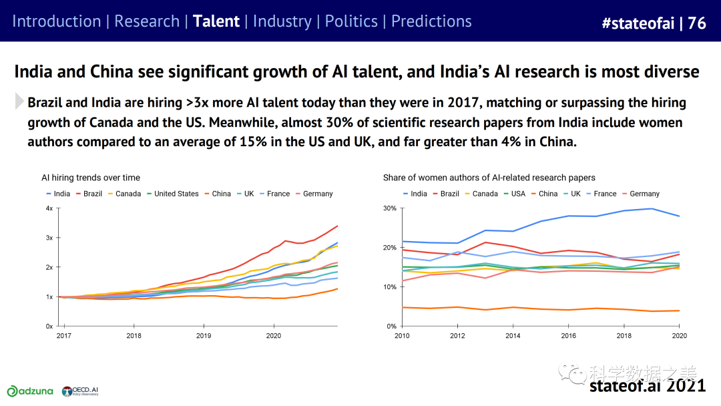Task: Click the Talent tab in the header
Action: (x=216, y=21)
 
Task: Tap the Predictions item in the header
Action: (x=431, y=21)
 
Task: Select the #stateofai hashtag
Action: (x=637, y=23)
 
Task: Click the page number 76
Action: (x=697, y=23)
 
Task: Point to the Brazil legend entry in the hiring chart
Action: (x=89, y=194)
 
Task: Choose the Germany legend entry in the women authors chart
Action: (x=639, y=194)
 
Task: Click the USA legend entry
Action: (x=513, y=194)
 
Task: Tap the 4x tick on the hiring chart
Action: (x=49, y=208)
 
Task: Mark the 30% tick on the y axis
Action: (x=389, y=208)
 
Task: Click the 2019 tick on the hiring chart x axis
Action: (x=203, y=335)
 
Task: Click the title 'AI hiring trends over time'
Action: (x=91, y=178)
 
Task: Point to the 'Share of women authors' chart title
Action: (x=489, y=178)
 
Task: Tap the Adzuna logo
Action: (x=31, y=391)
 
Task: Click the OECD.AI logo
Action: (x=80, y=391)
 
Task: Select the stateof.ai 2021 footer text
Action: (x=647, y=386)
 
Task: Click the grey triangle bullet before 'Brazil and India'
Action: (x=19, y=102)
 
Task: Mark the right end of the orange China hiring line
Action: (x=338, y=288)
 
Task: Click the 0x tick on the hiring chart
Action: (x=49, y=327)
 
